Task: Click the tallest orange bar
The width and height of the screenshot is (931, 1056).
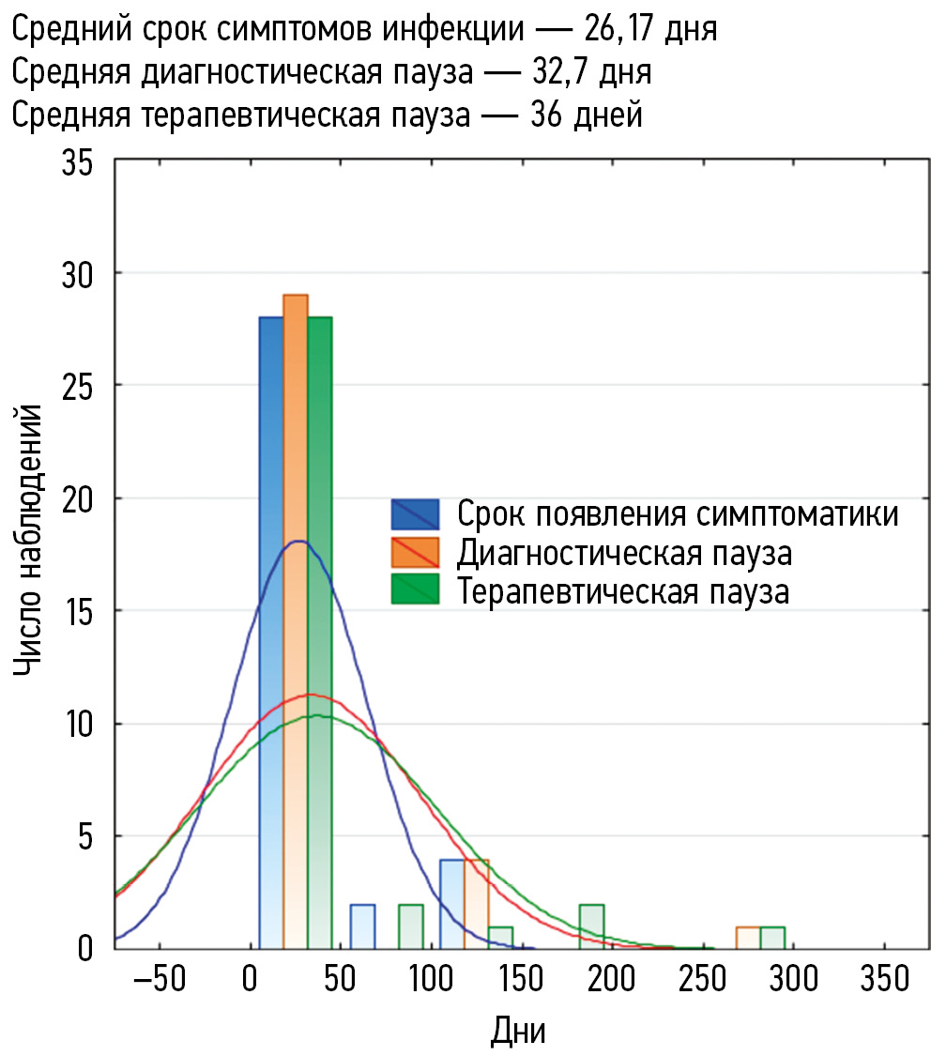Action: (295, 620)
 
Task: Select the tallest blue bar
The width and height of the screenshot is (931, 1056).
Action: (271, 629)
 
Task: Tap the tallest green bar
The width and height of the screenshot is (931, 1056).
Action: (319, 629)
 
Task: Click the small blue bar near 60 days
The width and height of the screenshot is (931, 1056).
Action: (362, 926)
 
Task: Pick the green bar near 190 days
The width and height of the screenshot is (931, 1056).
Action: (591, 926)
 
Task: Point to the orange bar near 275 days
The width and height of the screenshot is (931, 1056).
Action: (748, 937)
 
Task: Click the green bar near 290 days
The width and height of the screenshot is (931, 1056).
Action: (771, 937)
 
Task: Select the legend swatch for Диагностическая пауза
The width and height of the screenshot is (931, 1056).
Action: (415, 554)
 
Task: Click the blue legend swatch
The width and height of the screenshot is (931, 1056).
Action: (415, 514)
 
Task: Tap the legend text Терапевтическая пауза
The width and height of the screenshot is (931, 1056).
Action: (623, 592)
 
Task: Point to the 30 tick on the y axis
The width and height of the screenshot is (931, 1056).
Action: (78, 273)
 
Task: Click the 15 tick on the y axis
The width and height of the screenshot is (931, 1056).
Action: (78, 611)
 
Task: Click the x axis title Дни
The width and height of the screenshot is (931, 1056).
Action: (517, 1030)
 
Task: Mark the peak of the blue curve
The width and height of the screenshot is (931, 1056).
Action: (298, 542)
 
